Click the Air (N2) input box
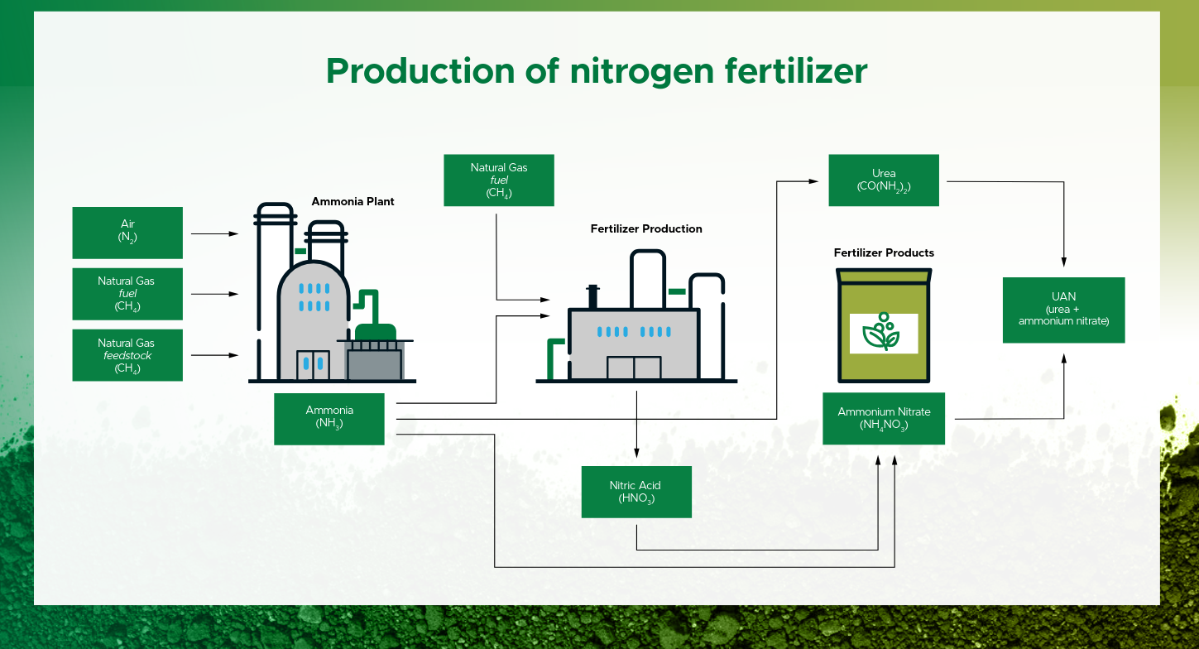[x=127, y=233]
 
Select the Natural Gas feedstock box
[x=127, y=355]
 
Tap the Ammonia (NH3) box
[x=329, y=419]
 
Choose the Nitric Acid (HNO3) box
[x=636, y=492]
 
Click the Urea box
[x=884, y=180]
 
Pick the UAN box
[x=1063, y=310]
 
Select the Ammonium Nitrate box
[x=884, y=419]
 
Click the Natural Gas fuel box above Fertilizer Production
[x=499, y=180]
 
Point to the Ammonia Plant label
[x=353, y=201]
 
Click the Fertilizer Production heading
[x=646, y=228]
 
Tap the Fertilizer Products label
[x=884, y=252]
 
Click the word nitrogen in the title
[x=641, y=72]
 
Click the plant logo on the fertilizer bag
[x=881, y=332]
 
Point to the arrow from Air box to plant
[x=214, y=234]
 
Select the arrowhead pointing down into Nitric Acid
[x=636, y=453]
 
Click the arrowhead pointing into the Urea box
[x=813, y=181]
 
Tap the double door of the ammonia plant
[x=313, y=365]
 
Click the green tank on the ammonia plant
[x=375, y=331]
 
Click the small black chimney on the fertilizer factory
[x=592, y=296]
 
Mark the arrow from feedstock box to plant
[x=214, y=355]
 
